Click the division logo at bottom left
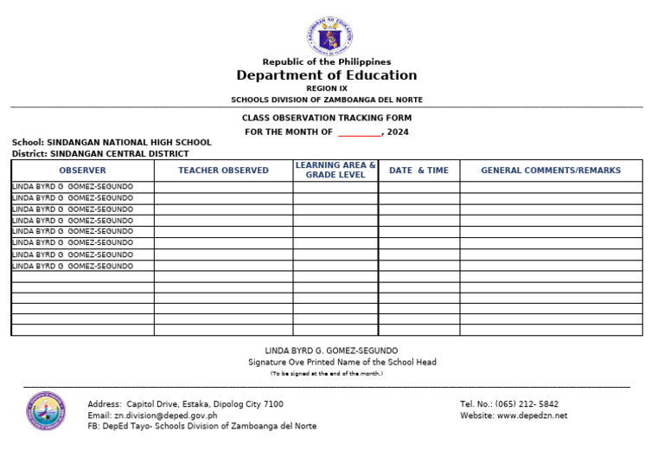(45, 411)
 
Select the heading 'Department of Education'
(327, 75)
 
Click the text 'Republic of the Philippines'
(327, 61)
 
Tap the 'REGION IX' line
(326, 88)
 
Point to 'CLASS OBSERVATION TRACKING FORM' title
(327, 118)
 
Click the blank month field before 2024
(359, 132)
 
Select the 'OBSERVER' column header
(82, 171)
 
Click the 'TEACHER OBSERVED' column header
(223, 171)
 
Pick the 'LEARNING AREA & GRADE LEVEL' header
(335, 170)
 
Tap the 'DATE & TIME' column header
(418, 171)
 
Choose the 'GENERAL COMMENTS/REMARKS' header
(551, 171)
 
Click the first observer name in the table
(73, 187)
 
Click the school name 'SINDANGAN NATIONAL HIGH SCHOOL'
(129, 143)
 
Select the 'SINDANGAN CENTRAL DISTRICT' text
(119, 153)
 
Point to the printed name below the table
(331, 351)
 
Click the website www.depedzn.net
(533, 415)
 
